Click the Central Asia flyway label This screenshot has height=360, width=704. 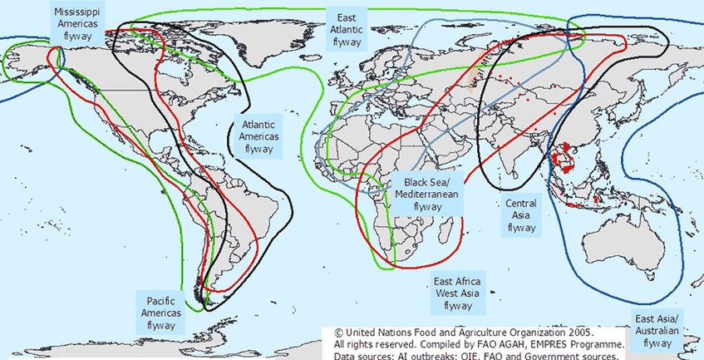coord(521,215)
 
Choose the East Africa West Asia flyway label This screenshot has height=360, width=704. coord(457,293)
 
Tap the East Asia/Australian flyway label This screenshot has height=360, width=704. coord(657,331)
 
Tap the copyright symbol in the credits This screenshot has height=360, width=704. coord(338,330)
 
